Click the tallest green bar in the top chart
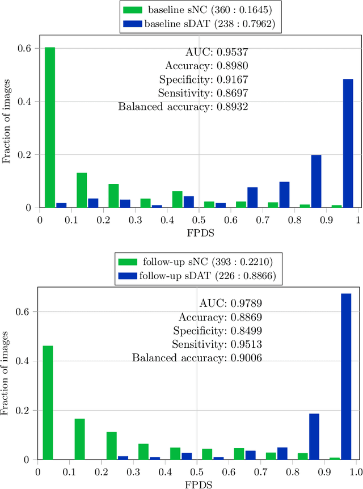(x=50, y=128)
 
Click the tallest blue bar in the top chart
(x=348, y=144)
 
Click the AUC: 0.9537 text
(x=217, y=51)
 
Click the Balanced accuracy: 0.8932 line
(x=183, y=106)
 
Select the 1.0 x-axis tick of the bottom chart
(x=356, y=471)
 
